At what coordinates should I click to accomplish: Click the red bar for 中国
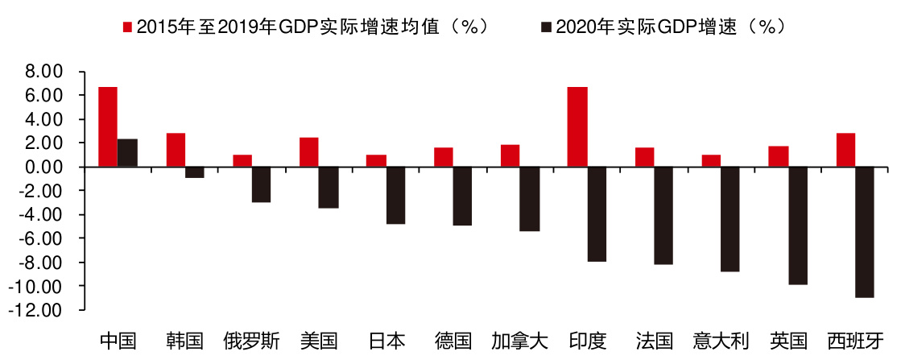108,126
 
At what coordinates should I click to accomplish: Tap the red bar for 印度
577,126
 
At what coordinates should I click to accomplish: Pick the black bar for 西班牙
865,232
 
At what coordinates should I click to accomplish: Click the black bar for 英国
798,226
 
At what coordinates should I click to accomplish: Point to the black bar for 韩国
196,172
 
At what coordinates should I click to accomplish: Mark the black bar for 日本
395,195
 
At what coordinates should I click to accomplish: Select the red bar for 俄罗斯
242,161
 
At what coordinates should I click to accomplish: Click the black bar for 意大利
730,219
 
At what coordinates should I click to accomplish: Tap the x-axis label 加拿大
519,341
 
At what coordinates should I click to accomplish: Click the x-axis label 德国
453,341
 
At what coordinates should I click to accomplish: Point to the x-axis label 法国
654,341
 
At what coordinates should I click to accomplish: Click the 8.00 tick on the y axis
44,72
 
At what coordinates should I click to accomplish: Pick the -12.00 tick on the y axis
40,310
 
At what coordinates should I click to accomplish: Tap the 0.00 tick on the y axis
44,167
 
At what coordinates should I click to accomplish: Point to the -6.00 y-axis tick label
42,238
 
